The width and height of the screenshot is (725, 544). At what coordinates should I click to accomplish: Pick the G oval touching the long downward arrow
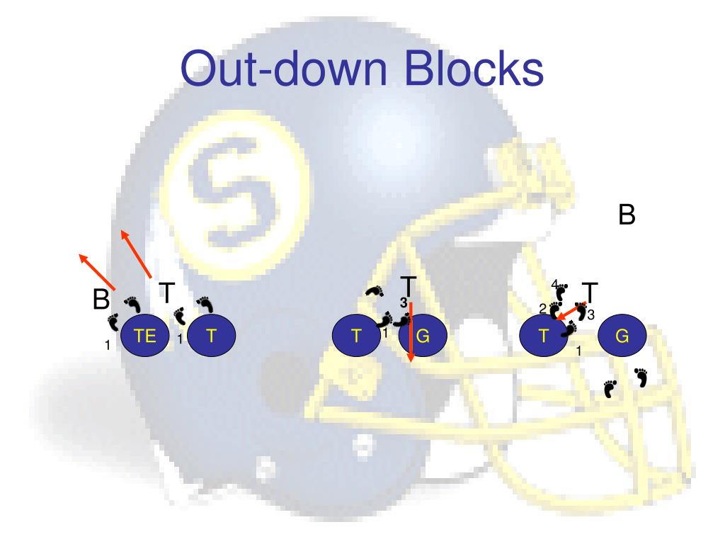point(423,336)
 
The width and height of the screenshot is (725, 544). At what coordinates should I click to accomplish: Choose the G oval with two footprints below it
point(622,336)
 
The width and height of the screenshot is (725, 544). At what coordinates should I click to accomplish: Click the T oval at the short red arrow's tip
point(543,336)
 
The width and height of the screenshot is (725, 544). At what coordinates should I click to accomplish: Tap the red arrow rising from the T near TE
point(135,253)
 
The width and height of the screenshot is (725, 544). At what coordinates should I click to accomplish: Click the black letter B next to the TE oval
point(101,300)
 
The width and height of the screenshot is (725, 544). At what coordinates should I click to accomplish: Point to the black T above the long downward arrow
point(409,285)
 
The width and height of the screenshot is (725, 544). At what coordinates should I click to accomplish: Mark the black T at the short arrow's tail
point(590,291)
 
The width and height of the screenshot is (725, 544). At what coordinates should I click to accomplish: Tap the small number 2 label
point(542,308)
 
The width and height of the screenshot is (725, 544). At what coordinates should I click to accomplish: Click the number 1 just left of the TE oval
point(108,346)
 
